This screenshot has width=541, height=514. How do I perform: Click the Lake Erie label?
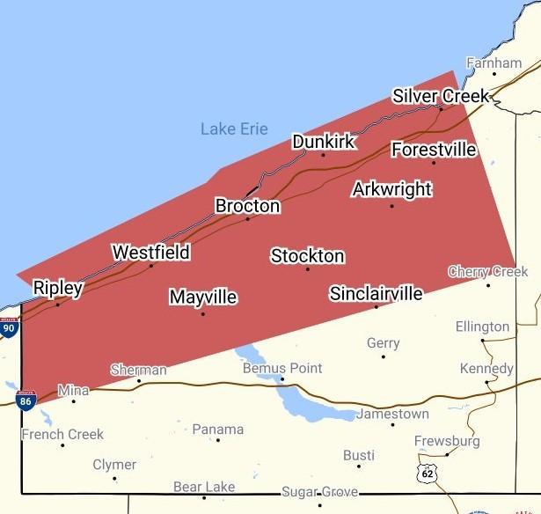pos(234,129)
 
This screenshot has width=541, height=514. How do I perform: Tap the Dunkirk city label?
pos(323,142)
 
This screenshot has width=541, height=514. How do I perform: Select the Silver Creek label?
pos(440,96)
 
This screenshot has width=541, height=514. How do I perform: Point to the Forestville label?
pos(434,150)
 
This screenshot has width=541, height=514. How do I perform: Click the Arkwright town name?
pos(391,189)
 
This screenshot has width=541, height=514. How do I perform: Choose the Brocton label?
pos(247,206)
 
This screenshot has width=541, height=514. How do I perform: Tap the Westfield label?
pos(150,253)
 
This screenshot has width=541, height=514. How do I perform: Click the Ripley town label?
pos(57,288)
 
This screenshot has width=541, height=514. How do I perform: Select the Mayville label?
pos(202,297)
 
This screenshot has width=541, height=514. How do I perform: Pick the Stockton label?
pos(307,256)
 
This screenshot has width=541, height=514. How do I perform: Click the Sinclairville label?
pos(376,293)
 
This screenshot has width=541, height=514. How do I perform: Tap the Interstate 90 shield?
pos(9,327)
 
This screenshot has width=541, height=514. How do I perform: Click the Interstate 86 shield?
pos(26,400)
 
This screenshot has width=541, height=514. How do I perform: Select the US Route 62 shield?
pos(427,473)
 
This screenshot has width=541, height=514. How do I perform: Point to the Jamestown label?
pos(392,414)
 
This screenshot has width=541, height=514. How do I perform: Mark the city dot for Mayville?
pos(202,313)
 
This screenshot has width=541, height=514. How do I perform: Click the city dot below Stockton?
pos(307,268)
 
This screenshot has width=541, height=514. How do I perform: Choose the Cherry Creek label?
pos(487,271)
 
